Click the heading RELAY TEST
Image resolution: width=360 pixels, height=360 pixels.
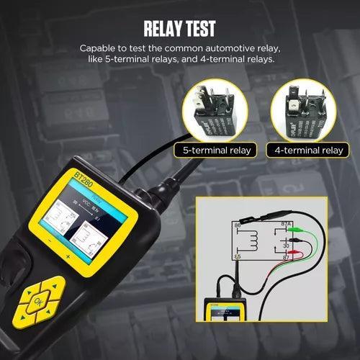pyautogui.click(x=180, y=30)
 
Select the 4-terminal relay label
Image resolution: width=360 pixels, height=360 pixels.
pyautogui.click(x=308, y=150)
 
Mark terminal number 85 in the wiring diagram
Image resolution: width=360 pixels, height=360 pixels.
pyautogui.click(x=238, y=256)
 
